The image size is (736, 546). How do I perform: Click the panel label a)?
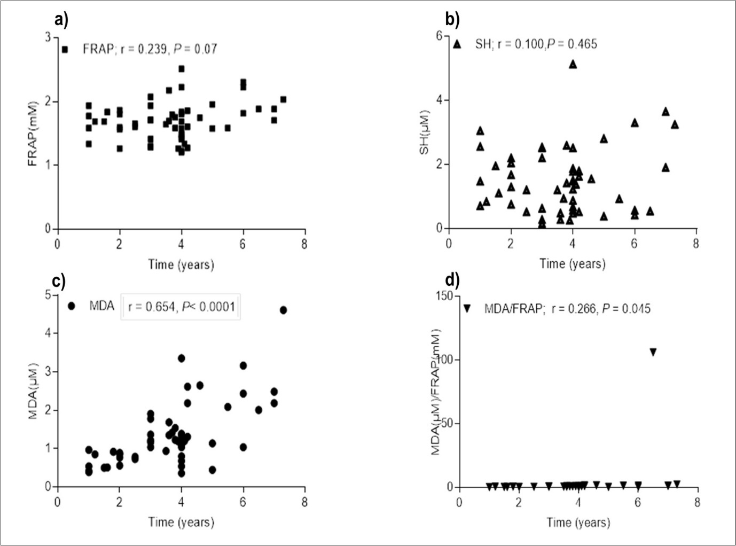61,20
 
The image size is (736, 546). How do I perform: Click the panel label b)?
452,20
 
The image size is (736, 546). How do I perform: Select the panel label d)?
452,280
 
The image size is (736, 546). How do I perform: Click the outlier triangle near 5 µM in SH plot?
573,64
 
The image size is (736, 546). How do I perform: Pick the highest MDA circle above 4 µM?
283,310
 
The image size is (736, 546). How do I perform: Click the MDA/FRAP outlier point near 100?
653,352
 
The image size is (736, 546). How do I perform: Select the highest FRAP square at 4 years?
182,69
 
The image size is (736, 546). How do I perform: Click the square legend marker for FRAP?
65,49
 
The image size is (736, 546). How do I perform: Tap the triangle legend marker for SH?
457,44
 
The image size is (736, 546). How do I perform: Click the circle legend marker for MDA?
72,306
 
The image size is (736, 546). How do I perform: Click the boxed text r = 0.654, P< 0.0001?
181,307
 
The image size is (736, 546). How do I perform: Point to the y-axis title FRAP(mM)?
34,132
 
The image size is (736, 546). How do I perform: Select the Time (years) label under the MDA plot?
181,522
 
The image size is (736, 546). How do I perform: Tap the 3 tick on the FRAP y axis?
48,38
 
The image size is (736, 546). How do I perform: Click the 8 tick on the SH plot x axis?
695,244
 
